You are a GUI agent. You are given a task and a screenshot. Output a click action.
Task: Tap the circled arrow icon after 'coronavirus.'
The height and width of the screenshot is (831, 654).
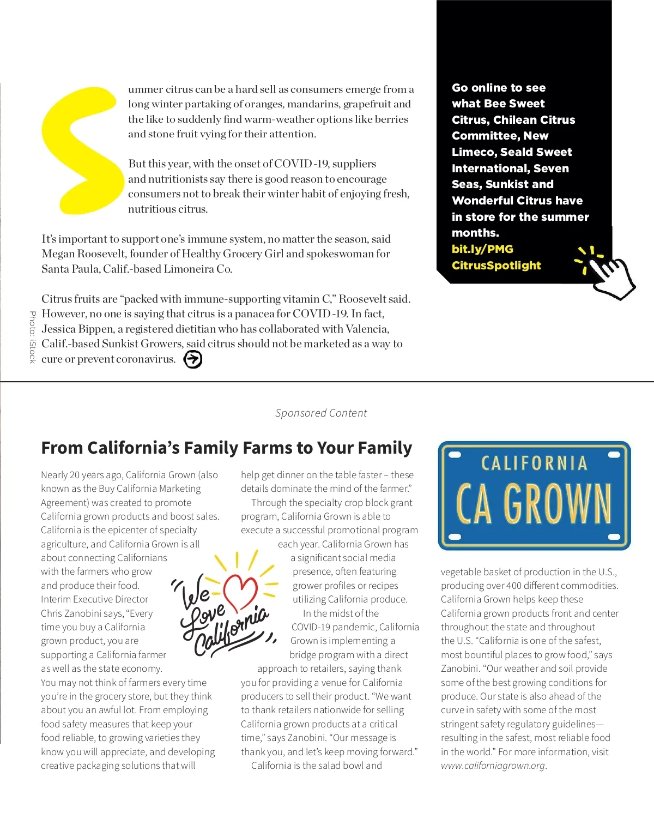[x=193, y=359]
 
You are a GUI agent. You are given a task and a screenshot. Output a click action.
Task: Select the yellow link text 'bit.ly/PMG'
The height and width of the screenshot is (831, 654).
[x=482, y=249]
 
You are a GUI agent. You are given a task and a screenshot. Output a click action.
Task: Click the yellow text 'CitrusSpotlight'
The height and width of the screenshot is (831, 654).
[x=496, y=266]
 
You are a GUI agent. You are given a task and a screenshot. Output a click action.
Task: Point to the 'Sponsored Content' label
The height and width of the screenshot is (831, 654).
[x=321, y=413]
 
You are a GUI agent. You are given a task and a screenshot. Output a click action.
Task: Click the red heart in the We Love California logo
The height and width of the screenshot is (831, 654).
[x=240, y=592]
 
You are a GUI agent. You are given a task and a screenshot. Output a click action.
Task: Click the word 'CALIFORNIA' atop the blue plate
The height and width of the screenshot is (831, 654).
[x=534, y=463]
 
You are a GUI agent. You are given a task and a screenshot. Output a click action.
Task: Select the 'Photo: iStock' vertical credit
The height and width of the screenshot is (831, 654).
[x=32, y=337]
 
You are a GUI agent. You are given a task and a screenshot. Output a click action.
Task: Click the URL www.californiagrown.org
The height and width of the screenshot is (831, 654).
[x=493, y=766]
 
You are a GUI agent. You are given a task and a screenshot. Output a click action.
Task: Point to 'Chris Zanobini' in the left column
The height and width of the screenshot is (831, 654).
[x=70, y=613]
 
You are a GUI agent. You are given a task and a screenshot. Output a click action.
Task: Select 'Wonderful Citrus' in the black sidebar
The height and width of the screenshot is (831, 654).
[x=517, y=201]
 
